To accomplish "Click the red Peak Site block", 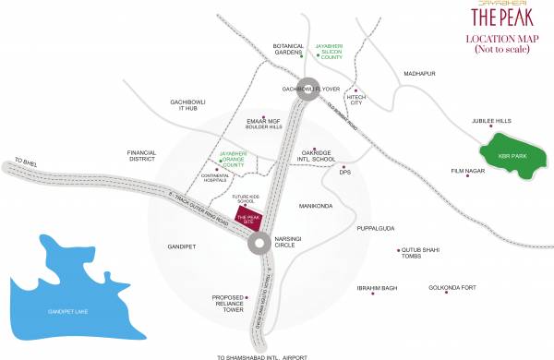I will [x=247, y=219].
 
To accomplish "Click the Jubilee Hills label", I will [x=491, y=121].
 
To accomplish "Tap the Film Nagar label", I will [x=467, y=172].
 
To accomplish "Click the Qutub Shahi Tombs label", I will [x=424, y=255].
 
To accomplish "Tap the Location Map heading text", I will [x=495, y=43].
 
